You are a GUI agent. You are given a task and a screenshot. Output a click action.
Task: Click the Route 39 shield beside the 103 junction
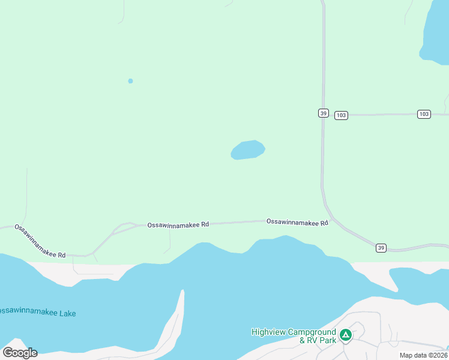click(x=323, y=113)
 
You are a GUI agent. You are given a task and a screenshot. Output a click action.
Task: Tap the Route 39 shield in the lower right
click(x=381, y=247)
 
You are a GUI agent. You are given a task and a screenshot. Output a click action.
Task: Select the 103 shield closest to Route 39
click(x=341, y=115)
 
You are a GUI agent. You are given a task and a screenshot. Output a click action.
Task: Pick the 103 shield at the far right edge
click(x=424, y=114)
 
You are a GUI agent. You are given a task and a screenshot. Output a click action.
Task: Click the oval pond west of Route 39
click(x=247, y=150)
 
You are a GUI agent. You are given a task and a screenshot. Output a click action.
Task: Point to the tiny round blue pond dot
click(x=130, y=81)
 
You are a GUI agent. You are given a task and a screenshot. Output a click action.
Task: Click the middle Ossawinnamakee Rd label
click(x=178, y=224)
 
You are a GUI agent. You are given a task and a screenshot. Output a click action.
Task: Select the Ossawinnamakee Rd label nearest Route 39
click(x=297, y=222)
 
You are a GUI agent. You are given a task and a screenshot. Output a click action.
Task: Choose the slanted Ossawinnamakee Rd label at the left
click(x=40, y=241)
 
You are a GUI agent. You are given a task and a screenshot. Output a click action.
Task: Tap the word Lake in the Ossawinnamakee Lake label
click(x=67, y=313)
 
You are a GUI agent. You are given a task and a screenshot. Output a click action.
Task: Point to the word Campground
click(x=313, y=332)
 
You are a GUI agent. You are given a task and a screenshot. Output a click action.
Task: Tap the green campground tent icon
click(x=345, y=335)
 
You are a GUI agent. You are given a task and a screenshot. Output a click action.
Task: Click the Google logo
click(x=20, y=353)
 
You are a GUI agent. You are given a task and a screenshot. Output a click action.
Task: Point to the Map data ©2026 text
click(x=423, y=355)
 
